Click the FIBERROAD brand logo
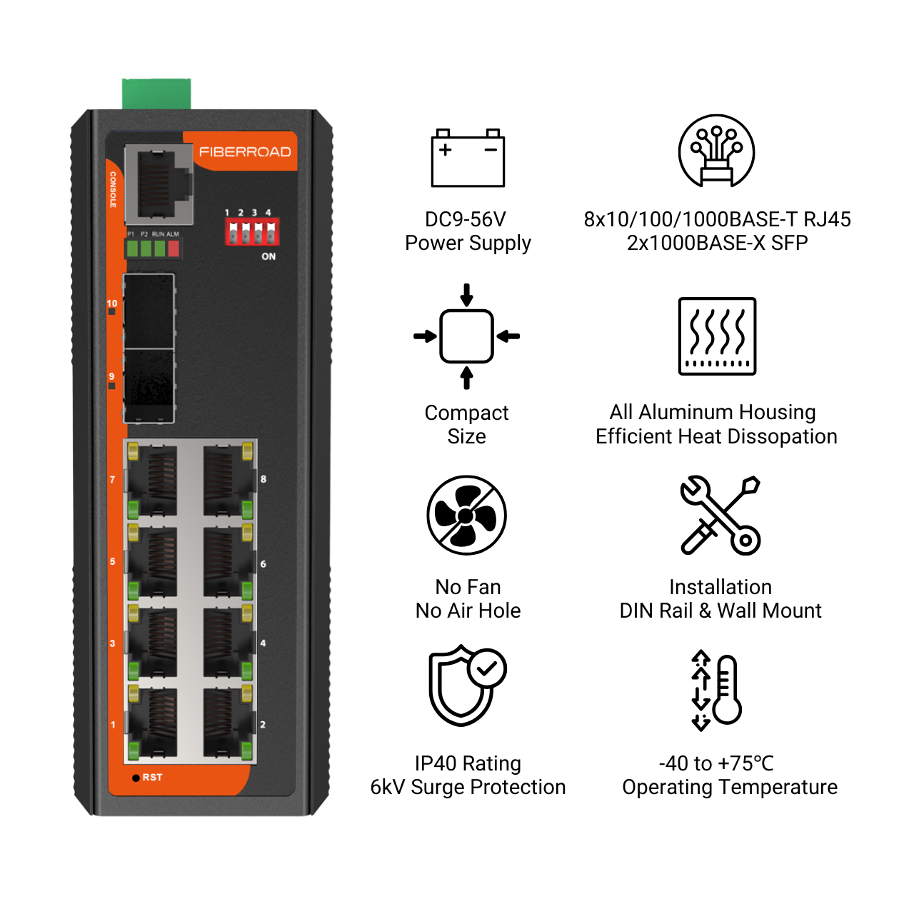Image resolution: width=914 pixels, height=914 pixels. point(245,152)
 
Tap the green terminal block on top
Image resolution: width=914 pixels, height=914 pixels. point(156,94)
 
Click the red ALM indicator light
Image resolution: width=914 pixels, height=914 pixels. point(174,248)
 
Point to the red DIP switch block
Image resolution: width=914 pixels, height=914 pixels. point(252,231)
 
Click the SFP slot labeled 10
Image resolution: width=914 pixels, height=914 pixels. point(149,311)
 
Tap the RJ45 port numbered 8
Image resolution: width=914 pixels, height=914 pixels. point(228,480)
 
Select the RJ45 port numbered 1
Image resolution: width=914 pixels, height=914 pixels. point(153,723)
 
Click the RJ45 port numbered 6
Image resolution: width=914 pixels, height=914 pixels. point(228,561)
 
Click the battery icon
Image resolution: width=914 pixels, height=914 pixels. point(468,158)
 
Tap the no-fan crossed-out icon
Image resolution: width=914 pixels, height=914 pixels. point(467,515)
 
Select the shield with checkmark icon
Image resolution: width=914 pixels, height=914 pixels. point(467,685)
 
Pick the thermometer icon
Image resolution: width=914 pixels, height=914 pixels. point(716,690)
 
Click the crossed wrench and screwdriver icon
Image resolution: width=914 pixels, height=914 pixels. point(720,516)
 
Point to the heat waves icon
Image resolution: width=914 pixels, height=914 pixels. point(717,336)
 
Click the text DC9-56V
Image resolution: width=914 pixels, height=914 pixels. point(466,219)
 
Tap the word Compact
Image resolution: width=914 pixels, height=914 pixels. point(467,413)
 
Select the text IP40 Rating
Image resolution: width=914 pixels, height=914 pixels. point(468,763)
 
